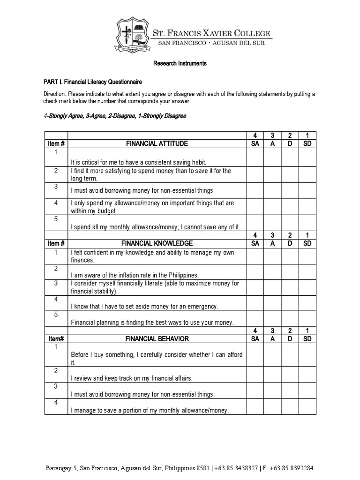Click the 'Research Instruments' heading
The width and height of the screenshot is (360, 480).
[x=180, y=63]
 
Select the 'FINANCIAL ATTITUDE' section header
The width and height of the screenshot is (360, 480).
[x=157, y=143]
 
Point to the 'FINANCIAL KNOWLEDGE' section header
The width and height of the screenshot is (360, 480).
[x=157, y=243]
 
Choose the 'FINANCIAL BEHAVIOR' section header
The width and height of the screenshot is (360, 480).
[x=157, y=338]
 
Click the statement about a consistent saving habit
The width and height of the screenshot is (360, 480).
[x=139, y=162]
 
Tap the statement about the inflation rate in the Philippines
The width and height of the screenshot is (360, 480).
[x=135, y=275]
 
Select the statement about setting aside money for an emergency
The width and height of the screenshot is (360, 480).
[x=145, y=307]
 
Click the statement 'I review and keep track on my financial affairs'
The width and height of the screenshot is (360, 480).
[x=132, y=378]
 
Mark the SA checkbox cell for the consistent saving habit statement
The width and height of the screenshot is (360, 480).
[x=255, y=158]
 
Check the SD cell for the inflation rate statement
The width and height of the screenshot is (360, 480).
[x=307, y=271]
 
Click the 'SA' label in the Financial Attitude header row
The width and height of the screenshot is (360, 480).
[x=255, y=143]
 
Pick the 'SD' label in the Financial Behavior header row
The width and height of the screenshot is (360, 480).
[x=307, y=338]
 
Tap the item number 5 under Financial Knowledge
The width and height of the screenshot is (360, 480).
[x=56, y=315]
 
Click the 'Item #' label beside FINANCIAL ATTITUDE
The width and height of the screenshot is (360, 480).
[x=56, y=143]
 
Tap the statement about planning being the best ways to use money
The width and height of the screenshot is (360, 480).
[x=152, y=322]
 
